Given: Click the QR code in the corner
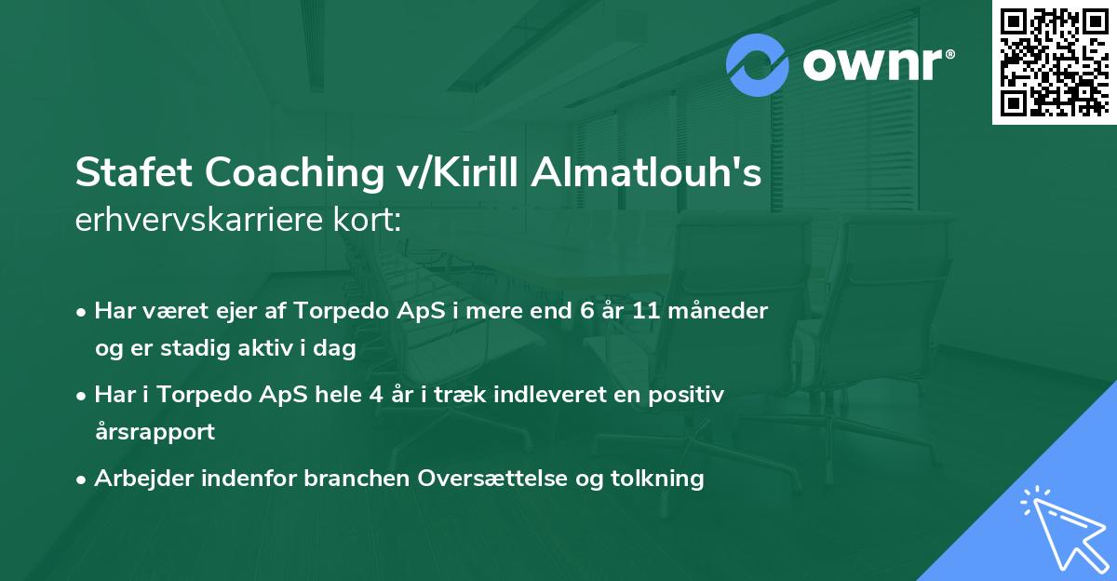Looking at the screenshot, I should [1054, 61].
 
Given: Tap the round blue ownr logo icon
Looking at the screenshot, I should [758, 65].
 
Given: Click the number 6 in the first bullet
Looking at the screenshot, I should [585, 311].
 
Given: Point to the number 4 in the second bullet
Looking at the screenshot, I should [375, 395].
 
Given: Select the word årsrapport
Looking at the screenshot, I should [155, 432].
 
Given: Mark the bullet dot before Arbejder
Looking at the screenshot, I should [82, 480].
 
